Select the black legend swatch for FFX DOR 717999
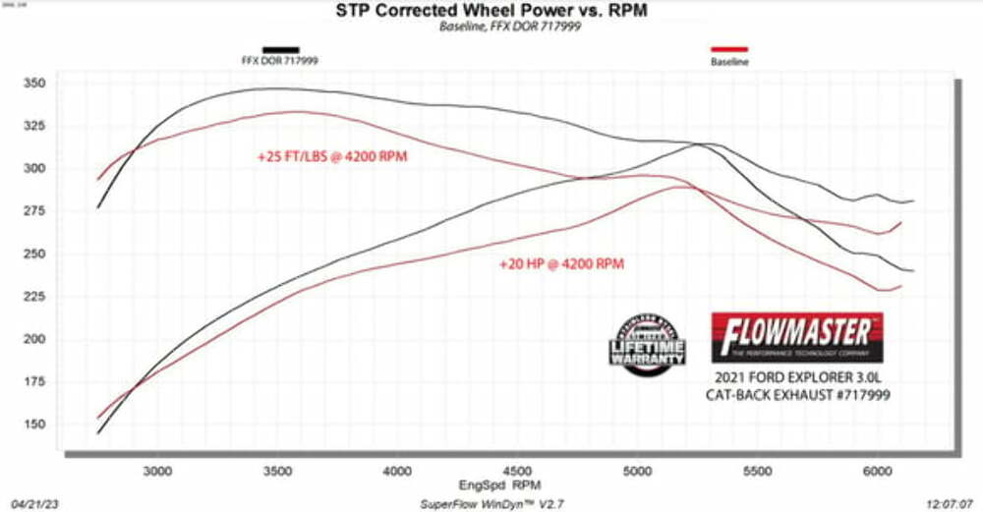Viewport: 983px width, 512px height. click(280, 48)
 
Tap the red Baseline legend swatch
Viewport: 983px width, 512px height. click(728, 48)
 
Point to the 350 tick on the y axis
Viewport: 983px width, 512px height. click(34, 84)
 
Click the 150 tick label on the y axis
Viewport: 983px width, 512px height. click(34, 425)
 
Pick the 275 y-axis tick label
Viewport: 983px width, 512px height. click(34, 211)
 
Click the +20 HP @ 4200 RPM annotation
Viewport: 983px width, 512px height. click(561, 263)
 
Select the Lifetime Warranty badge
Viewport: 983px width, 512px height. click(650, 343)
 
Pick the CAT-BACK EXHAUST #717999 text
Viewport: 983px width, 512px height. click(797, 397)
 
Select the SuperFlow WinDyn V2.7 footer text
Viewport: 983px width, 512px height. click(493, 501)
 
